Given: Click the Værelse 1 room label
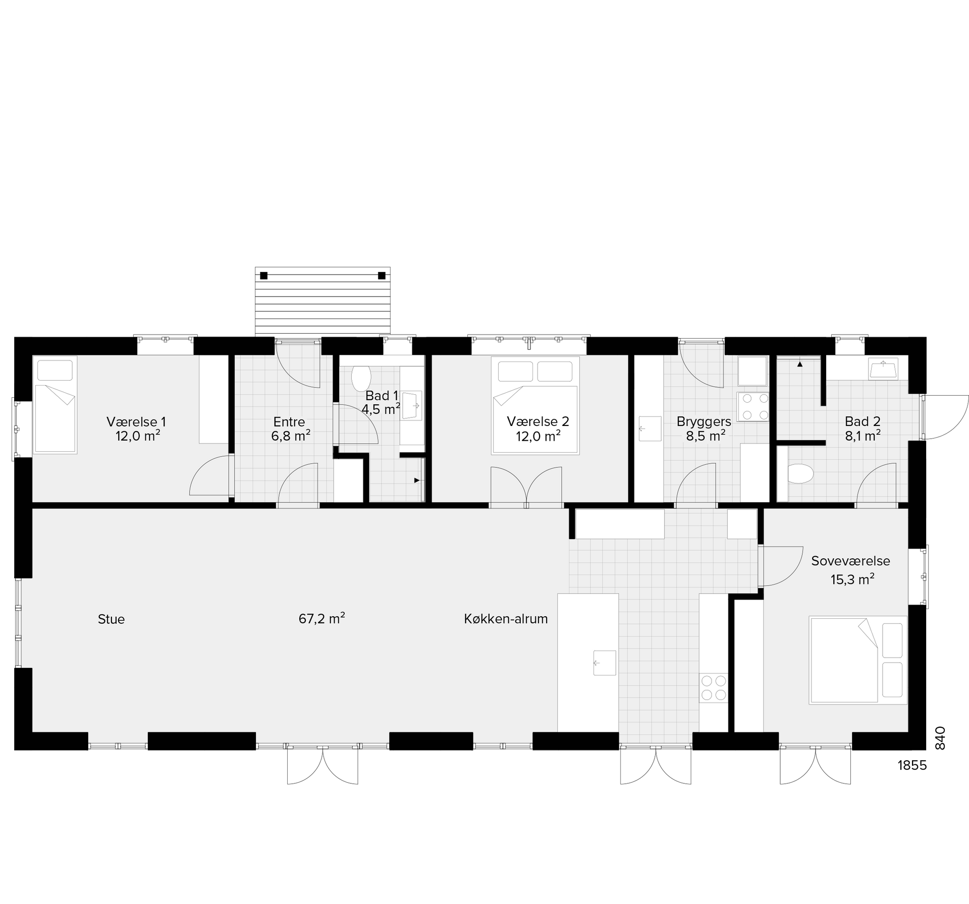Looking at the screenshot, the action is [x=136, y=422].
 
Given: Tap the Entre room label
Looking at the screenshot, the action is [x=289, y=422].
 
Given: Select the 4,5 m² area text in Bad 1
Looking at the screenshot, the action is [x=381, y=408].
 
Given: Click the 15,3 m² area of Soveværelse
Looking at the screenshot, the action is [x=852, y=579].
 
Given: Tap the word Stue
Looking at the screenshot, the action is [x=111, y=619].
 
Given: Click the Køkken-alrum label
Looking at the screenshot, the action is [x=506, y=619].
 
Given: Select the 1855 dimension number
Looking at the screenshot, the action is [x=912, y=766].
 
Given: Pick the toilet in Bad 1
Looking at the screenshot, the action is [x=361, y=378].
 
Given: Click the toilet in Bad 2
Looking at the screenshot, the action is [x=800, y=474].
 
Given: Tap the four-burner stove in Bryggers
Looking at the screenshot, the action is [x=752, y=407].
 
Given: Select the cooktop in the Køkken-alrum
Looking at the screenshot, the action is [x=714, y=688].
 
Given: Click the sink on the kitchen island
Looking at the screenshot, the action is [x=605, y=663].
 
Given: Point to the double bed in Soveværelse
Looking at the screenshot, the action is [x=858, y=660].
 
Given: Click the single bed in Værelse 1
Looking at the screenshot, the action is [x=55, y=405].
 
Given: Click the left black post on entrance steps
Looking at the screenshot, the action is [x=263, y=276].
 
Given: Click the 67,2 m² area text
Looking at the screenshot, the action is [x=322, y=618].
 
